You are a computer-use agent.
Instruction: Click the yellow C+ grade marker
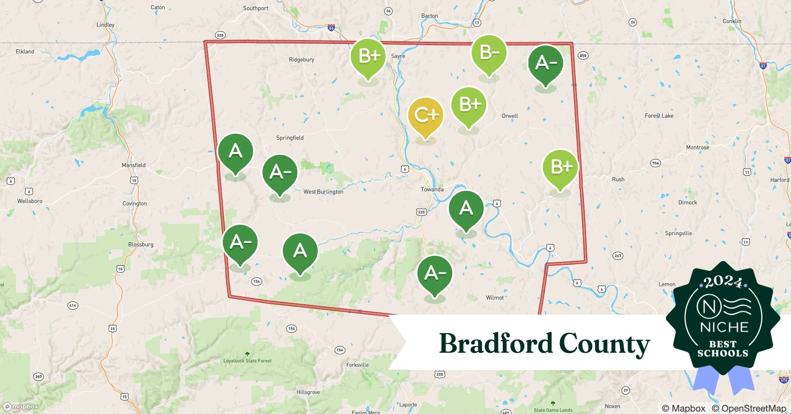[425, 116]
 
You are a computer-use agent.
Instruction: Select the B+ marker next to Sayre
[368, 56]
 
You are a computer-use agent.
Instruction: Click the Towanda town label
[432, 189]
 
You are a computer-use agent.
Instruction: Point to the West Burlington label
[323, 192]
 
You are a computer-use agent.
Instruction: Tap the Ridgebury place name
[301, 60]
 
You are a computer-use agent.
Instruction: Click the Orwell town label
[509, 116]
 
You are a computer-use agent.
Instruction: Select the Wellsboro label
[30, 201]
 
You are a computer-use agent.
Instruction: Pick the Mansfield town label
[133, 165]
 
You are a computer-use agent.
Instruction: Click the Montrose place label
[697, 147]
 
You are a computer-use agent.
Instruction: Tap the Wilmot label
[494, 298]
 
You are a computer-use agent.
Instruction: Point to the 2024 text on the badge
[723, 282]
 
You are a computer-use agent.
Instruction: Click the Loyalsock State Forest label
[247, 361]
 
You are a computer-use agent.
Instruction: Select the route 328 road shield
[220, 35]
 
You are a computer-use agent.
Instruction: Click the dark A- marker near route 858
[545, 63]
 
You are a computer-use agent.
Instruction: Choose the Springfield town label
[290, 138]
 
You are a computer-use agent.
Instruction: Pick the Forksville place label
[357, 365]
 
